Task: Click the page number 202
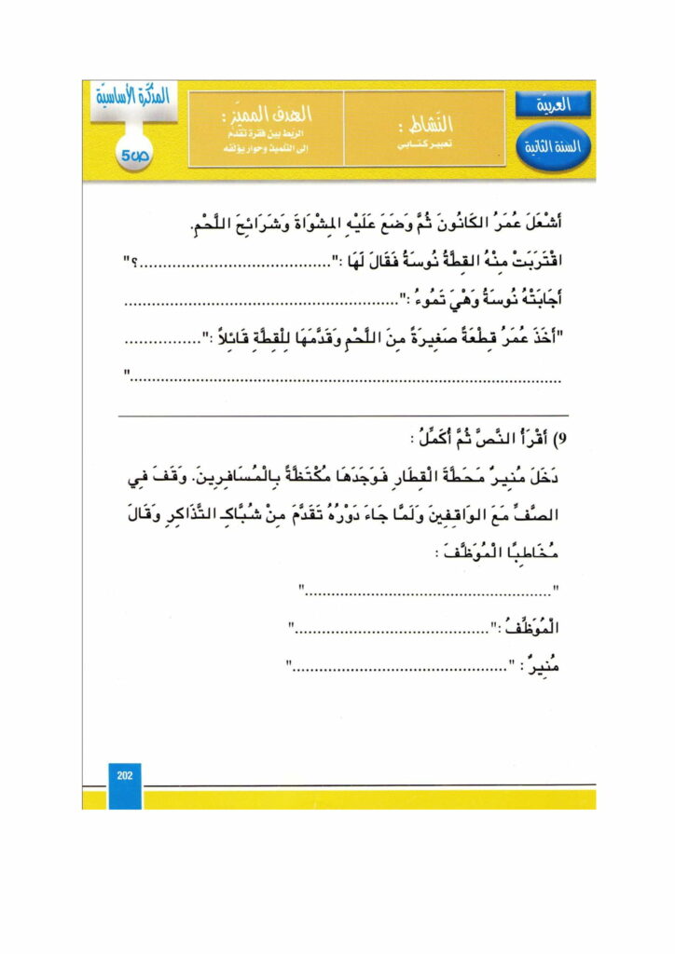(123, 776)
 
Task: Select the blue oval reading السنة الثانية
(553, 147)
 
